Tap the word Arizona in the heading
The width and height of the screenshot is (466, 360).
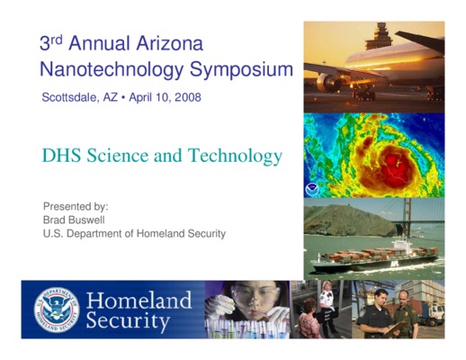[x=170, y=43]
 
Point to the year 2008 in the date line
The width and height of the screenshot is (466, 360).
[x=188, y=97]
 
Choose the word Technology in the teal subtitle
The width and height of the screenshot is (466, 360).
[x=235, y=157]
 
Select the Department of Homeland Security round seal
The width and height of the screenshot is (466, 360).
[x=57, y=310]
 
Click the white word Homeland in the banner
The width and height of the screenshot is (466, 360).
[x=139, y=301]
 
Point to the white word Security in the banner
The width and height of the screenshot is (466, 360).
[x=128, y=321]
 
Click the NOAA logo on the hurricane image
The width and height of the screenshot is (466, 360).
[x=312, y=190]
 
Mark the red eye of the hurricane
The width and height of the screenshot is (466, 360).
[x=398, y=170]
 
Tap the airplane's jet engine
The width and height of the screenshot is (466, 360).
[x=328, y=82]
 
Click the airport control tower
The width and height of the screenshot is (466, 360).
[x=379, y=36]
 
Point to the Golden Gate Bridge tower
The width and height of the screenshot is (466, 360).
[x=407, y=217]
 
